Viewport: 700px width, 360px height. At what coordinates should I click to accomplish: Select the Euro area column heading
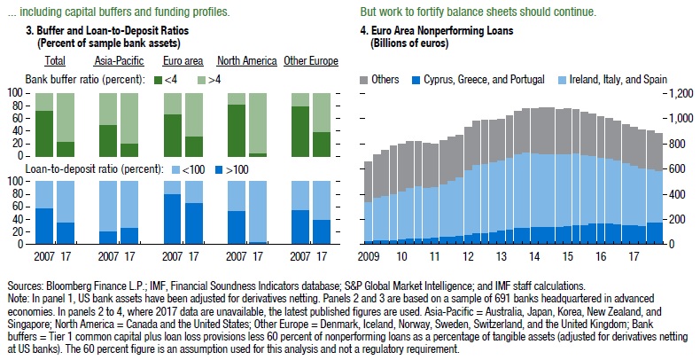coord(184,60)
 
